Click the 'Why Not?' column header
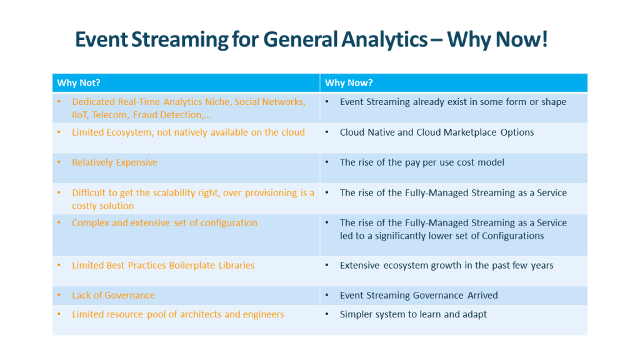pyautogui.click(x=79, y=83)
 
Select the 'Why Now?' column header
pyautogui.click(x=349, y=83)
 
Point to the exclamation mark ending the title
pyautogui.click(x=544, y=39)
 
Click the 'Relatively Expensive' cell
pyautogui.click(x=114, y=162)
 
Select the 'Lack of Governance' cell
pyautogui.click(x=113, y=296)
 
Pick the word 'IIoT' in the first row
pyautogui.click(x=80, y=115)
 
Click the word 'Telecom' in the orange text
pyautogui.click(x=109, y=115)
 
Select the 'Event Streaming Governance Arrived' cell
pyautogui.click(x=419, y=296)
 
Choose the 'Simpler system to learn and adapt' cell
pyautogui.click(x=413, y=314)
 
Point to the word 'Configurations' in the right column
pyautogui.click(x=512, y=236)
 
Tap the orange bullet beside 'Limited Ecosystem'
pyautogui.click(x=59, y=132)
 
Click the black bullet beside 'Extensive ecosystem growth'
pyautogui.click(x=327, y=266)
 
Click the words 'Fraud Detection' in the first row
pyautogui.click(x=168, y=115)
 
